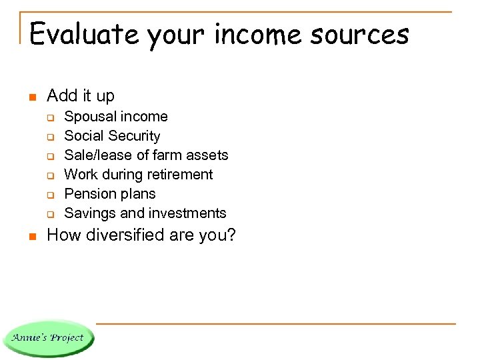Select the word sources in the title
365,33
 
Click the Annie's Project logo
48,338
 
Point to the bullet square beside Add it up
31,97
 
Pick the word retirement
181,175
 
